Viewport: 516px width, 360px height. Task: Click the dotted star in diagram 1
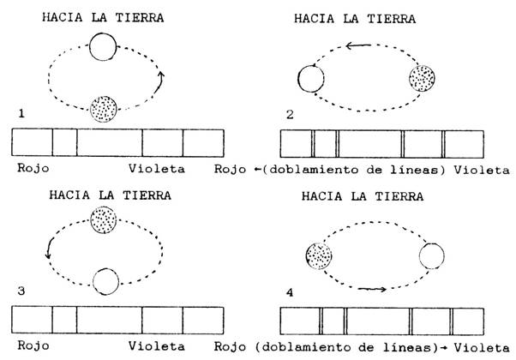(104, 109)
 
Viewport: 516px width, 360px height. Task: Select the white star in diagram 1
(103, 47)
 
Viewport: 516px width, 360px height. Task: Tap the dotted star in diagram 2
(422, 79)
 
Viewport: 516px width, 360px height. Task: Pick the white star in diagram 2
(310, 79)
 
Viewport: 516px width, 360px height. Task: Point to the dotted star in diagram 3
(104, 219)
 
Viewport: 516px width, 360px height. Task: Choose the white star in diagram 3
(105, 281)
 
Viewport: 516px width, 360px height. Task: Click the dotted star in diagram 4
(319, 256)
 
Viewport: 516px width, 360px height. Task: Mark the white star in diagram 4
(431, 256)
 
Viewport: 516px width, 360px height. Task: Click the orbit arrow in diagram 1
(159, 82)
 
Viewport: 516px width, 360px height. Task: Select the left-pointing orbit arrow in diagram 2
(358, 45)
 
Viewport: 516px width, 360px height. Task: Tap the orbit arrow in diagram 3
(50, 248)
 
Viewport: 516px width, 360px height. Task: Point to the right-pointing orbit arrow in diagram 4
(372, 289)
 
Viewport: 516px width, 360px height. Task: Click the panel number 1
(21, 114)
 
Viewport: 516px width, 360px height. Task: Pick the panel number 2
(290, 115)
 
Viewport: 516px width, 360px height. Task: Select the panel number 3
(21, 291)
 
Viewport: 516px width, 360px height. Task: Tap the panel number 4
(290, 292)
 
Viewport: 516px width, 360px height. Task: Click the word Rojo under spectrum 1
(33, 168)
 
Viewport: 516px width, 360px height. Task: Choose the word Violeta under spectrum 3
(156, 345)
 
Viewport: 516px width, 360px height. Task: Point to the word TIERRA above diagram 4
(399, 196)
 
